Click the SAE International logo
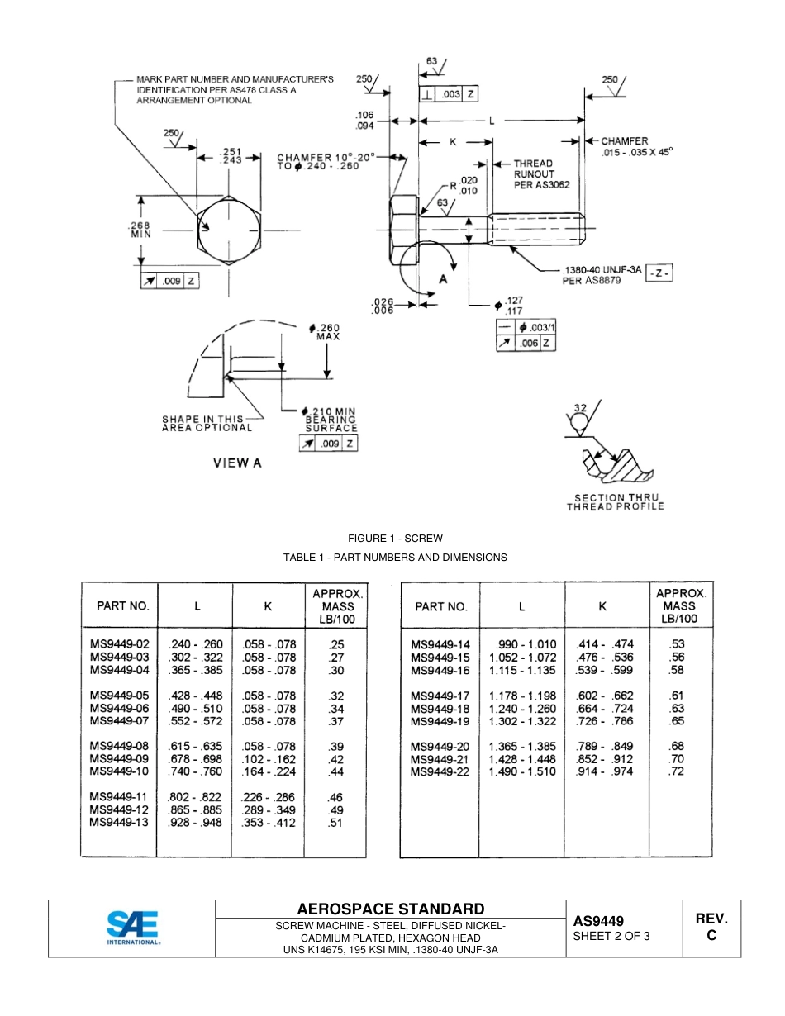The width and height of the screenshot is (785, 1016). [x=132, y=928]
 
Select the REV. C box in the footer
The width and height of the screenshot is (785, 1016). [x=711, y=927]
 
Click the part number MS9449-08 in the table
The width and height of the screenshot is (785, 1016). [x=119, y=745]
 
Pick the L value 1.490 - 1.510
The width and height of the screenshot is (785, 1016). [x=522, y=771]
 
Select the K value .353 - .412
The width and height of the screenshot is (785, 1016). [x=269, y=823]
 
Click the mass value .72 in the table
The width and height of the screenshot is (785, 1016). [x=677, y=771]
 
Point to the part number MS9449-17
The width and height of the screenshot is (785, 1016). [x=440, y=696]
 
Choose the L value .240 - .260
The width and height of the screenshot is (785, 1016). [x=195, y=644]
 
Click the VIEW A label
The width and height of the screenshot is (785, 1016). [x=237, y=463]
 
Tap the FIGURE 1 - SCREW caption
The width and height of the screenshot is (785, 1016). [x=395, y=539]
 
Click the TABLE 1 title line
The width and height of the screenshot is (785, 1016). [x=395, y=558]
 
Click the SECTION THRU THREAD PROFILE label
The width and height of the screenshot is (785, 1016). [x=615, y=502]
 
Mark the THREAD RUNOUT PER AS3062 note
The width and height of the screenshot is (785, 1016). [x=541, y=174]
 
